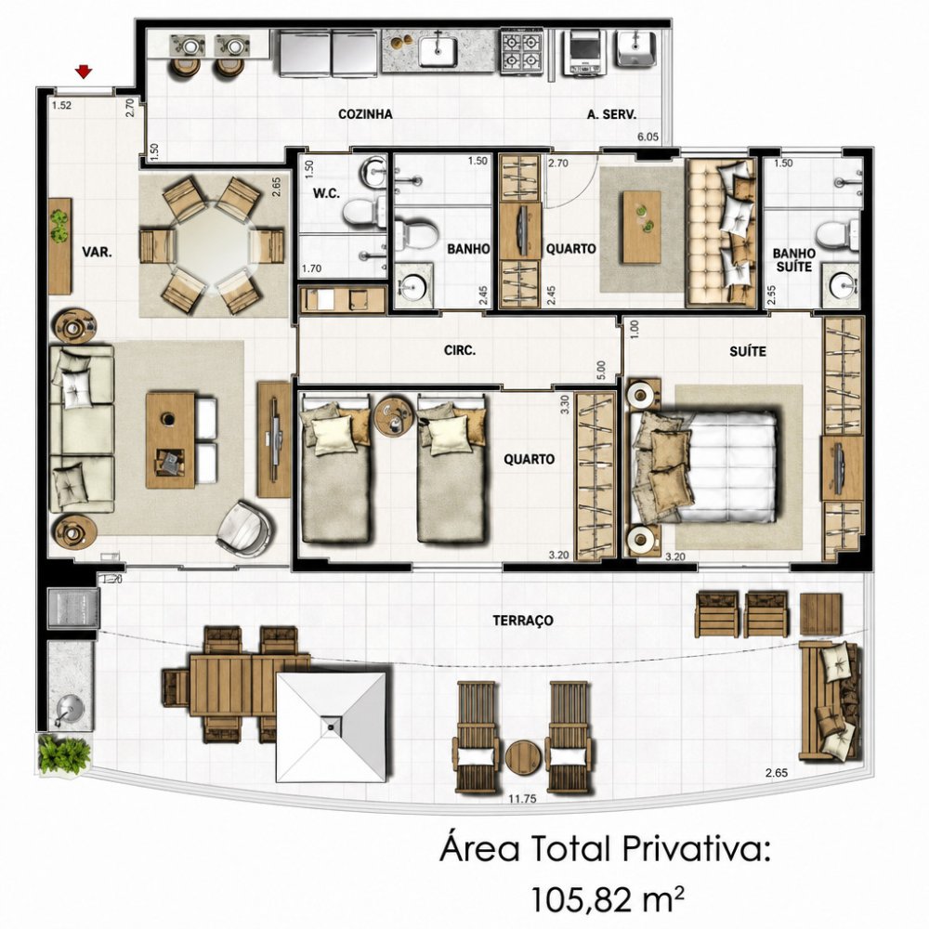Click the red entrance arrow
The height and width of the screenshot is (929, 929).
(x=85, y=72)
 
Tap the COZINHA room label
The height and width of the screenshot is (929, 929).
(x=365, y=113)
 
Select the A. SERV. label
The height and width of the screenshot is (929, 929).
(x=611, y=114)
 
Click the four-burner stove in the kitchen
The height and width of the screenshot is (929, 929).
(x=521, y=51)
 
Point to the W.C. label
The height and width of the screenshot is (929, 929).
(x=326, y=193)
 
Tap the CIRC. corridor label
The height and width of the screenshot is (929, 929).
(x=460, y=350)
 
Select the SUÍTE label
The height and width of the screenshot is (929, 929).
(x=748, y=351)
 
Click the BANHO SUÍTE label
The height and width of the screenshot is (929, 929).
(x=794, y=260)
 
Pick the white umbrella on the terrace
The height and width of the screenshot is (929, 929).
(x=332, y=726)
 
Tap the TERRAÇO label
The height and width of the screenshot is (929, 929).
(x=523, y=621)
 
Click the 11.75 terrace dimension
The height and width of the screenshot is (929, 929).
(x=522, y=799)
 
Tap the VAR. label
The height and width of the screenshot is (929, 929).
(x=97, y=253)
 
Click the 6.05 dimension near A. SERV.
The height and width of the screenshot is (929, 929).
(x=648, y=137)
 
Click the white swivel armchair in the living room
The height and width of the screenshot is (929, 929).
(x=245, y=529)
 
